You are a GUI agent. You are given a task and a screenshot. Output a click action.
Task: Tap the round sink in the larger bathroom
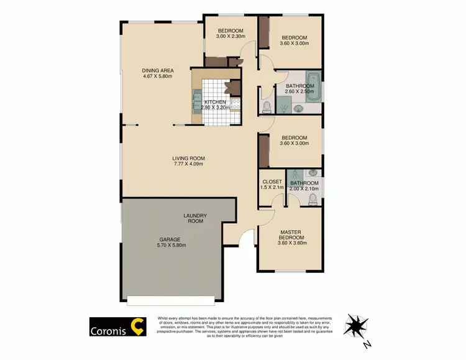299,109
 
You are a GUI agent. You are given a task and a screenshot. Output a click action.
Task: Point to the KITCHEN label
215,102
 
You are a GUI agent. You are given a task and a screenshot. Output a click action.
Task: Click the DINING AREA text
158,70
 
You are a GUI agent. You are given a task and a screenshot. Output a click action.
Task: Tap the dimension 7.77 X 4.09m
189,165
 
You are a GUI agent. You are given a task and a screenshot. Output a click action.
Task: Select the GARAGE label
170,239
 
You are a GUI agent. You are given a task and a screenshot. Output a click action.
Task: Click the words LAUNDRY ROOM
195,218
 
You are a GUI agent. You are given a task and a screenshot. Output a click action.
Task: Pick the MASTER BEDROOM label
290,236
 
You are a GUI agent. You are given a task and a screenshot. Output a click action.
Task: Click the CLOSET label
273,183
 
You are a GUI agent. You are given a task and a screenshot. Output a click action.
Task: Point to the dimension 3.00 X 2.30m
231,37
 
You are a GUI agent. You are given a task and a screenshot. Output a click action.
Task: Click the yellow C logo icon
137,326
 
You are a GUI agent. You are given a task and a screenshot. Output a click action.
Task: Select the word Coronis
107,330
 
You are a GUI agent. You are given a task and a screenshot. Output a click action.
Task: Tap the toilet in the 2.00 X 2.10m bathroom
313,198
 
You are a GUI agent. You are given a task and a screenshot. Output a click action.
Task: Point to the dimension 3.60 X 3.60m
290,243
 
